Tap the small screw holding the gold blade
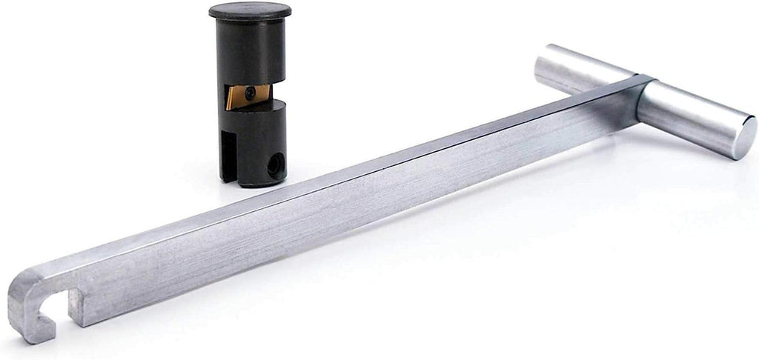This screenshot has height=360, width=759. pyautogui.click(x=253, y=92)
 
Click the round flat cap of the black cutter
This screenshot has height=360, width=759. pyautogui.click(x=250, y=11)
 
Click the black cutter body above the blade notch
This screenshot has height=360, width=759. pyautogui.click(x=251, y=52)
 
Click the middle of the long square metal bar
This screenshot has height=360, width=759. pyautogui.click(x=334, y=200)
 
